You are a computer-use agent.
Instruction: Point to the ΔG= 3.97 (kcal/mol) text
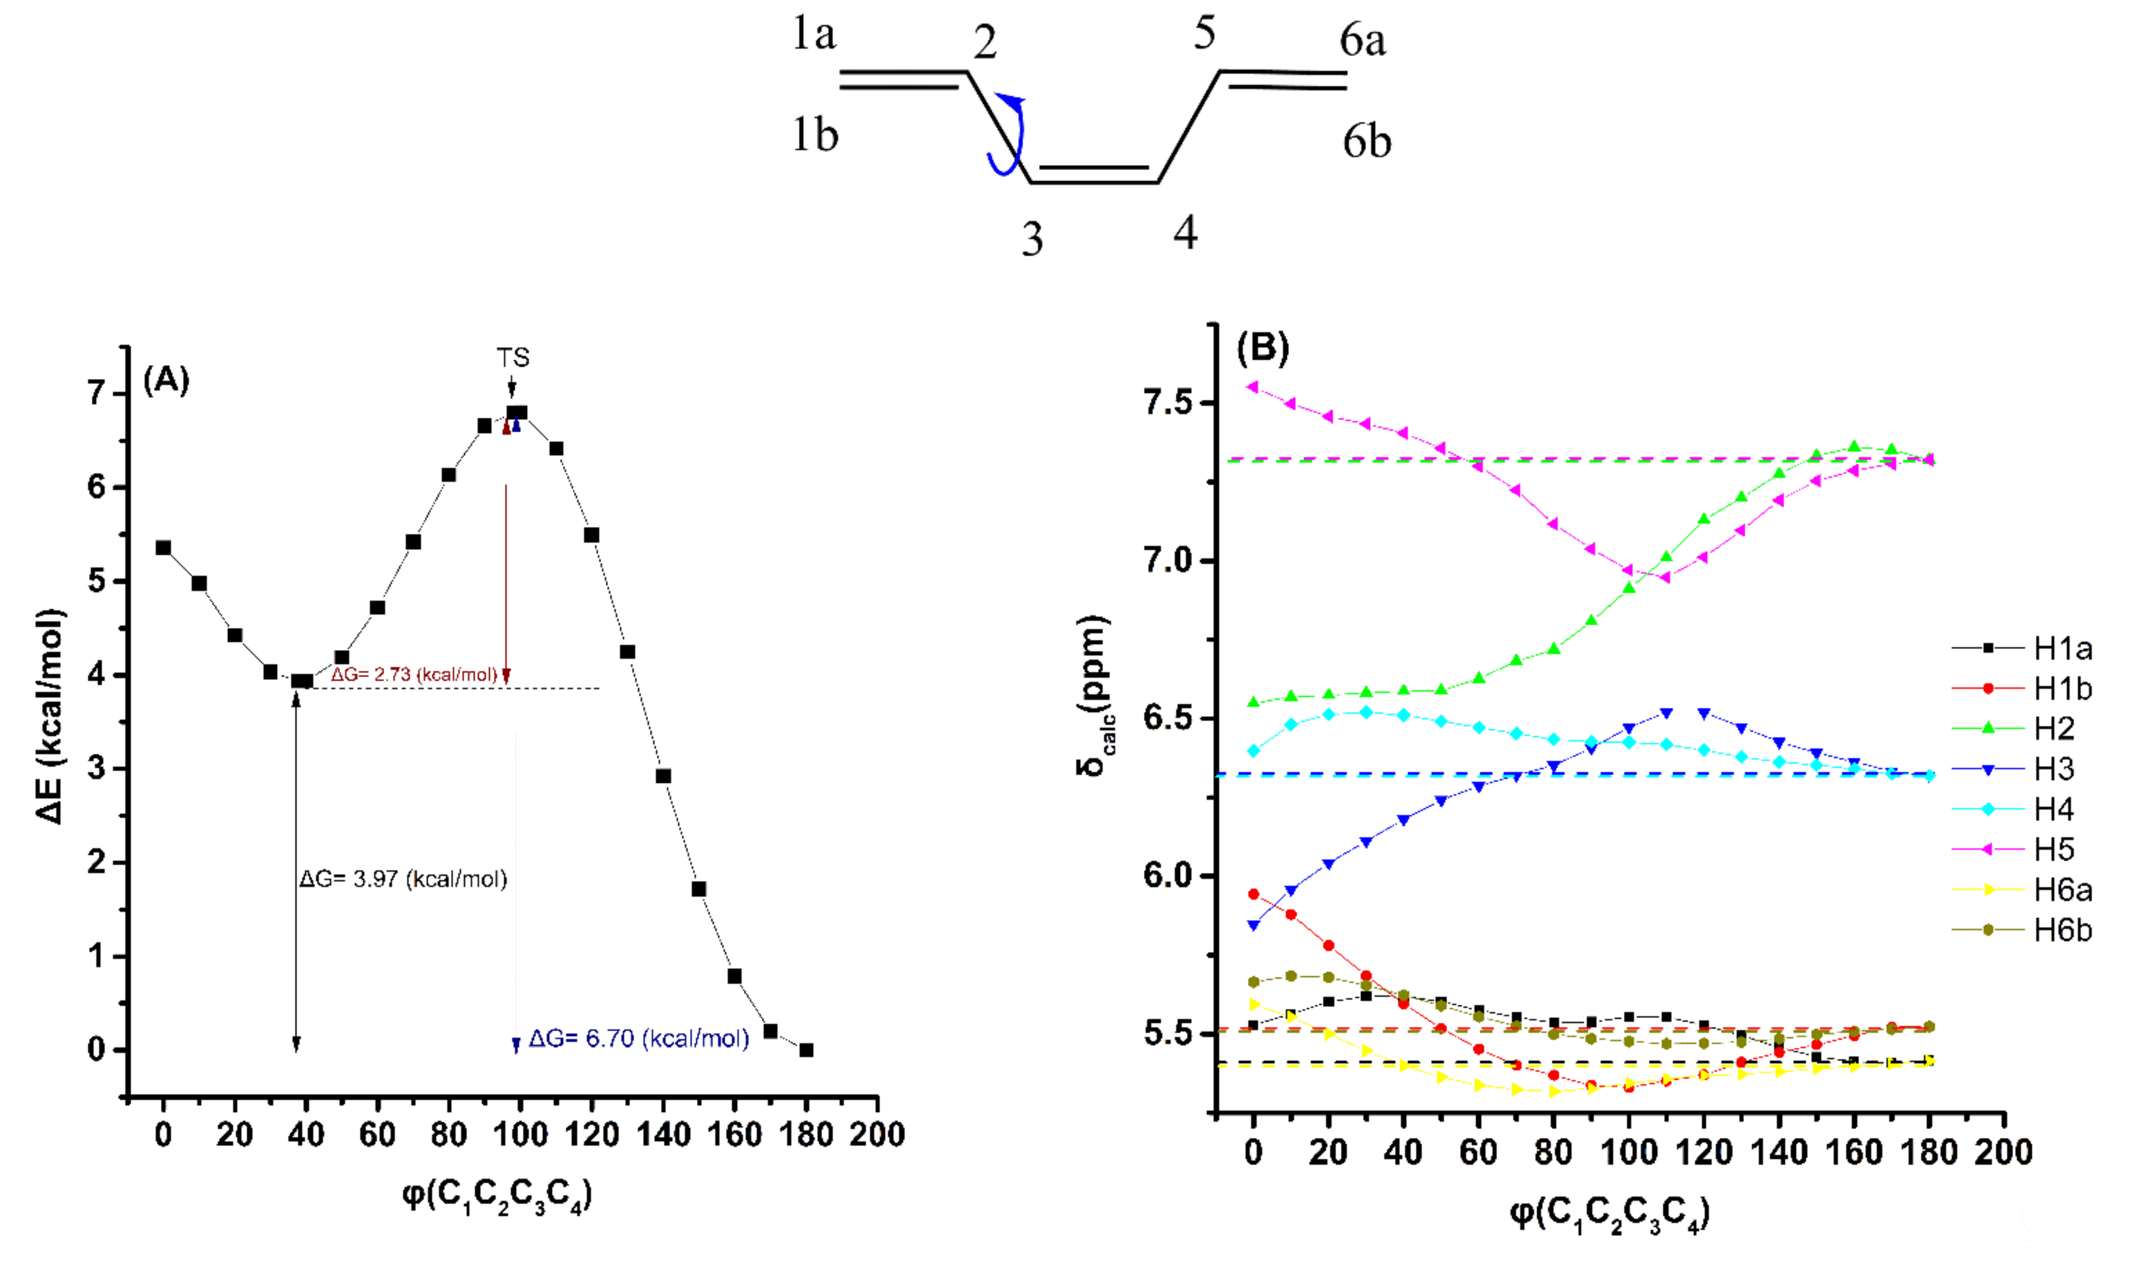click(403, 879)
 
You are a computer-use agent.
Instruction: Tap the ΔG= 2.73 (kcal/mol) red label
click(414, 674)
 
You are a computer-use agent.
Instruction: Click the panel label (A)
click(166, 380)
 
